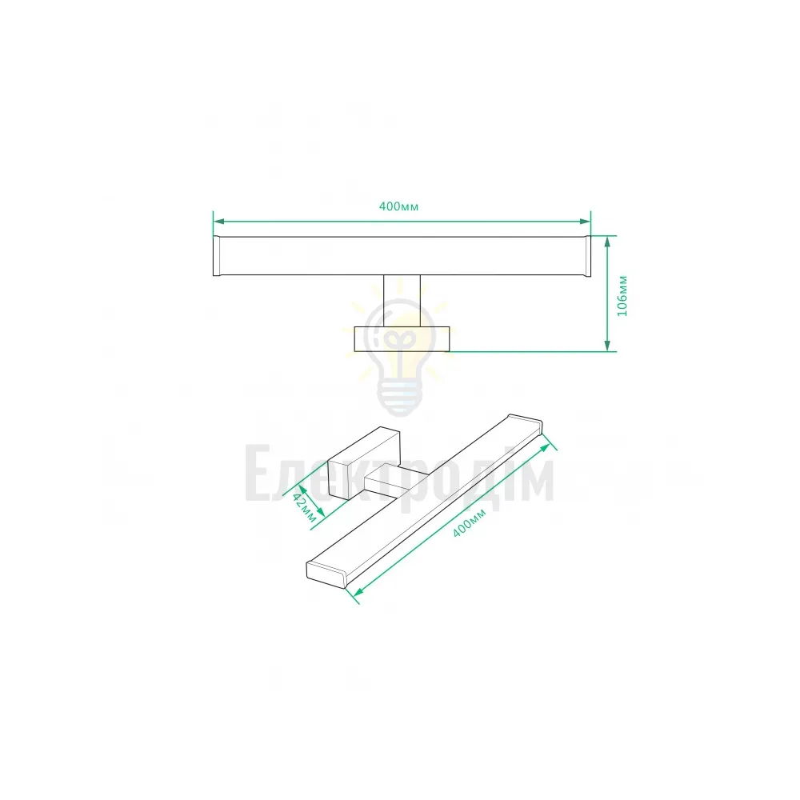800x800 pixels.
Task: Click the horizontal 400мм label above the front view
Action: pos(398,206)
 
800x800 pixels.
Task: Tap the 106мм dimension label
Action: pos(622,296)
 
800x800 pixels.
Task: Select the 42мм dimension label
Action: pos(305,507)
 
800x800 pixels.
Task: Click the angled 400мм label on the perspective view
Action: pos(470,522)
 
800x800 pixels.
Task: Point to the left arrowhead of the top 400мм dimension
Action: pos(219,222)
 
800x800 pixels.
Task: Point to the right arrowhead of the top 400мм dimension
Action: pos(585,222)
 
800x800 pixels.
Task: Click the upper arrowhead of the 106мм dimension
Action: pos(607,242)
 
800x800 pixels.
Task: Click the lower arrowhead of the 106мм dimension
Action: pos(607,346)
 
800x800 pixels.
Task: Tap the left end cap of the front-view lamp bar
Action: pos(216,256)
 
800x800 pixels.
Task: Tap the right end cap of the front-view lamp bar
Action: pos(587,256)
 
